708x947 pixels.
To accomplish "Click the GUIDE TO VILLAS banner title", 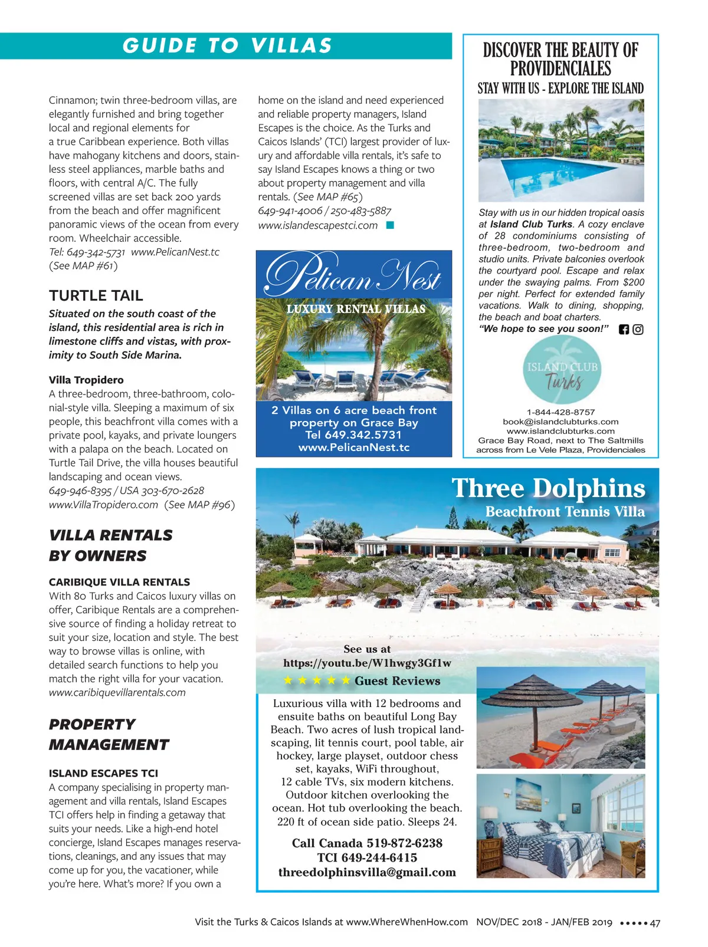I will tap(227, 46).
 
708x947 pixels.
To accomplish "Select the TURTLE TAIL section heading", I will tap(96, 295).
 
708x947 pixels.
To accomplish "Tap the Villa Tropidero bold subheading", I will tap(86, 380).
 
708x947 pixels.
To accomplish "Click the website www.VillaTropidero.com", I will tap(104, 505).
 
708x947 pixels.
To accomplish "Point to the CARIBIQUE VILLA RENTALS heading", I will tap(119, 582).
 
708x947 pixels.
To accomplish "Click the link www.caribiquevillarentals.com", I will tap(117, 692).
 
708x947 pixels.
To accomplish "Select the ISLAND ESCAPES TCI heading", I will tap(103, 773).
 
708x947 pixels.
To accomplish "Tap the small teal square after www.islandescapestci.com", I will tap(389, 225).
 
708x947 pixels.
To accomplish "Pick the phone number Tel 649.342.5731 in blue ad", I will tap(353, 435).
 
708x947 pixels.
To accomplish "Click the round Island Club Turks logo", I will tap(562, 371).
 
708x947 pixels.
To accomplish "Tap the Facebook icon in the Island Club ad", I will tap(624, 330).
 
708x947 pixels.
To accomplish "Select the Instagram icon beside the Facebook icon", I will tap(638, 330).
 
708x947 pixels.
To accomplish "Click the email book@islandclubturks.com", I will tap(560, 422).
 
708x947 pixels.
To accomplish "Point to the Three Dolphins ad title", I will tap(548, 489).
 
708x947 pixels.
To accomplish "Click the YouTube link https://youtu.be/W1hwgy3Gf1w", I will tap(367, 663).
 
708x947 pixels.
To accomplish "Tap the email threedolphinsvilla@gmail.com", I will tap(367, 872).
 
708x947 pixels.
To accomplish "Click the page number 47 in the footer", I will tap(655, 923).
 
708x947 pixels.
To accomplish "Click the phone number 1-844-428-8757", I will tap(560, 412).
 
